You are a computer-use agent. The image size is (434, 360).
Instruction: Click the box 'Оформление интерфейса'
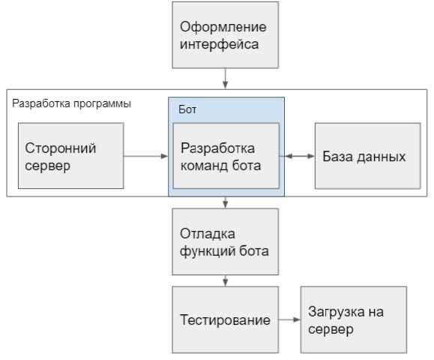(226, 35)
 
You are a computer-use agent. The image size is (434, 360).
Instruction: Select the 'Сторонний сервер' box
(71, 156)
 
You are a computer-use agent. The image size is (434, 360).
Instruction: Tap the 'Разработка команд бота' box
(226, 156)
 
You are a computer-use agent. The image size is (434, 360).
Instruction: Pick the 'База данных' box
(367, 156)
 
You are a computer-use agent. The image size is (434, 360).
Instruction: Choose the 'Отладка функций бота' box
(226, 241)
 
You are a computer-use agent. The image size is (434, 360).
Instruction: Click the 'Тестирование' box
(226, 319)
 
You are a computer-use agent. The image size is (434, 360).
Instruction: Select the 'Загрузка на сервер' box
(354, 319)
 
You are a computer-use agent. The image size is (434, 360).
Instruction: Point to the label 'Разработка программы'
(71, 103)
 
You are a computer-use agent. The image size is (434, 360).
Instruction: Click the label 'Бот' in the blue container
(187, 109)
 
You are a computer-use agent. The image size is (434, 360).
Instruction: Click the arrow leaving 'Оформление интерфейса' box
(226, 79)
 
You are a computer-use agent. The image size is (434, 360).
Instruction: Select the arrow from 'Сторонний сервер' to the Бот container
(146, 156)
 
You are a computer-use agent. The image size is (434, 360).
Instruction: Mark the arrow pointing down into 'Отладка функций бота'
(226, 202)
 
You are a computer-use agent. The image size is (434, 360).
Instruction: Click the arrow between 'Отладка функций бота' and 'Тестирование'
(226, 280)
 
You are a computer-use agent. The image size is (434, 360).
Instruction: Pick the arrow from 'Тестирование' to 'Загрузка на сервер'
(289, 319)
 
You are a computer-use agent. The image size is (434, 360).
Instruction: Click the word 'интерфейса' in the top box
(219, 44)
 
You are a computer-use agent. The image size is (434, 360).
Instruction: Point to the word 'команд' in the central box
(205, 166)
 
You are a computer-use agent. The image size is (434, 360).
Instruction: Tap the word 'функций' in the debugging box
(208, 251)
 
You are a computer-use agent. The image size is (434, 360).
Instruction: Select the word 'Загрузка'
(337, 312)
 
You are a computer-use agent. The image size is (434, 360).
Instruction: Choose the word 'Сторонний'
(61, 148)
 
